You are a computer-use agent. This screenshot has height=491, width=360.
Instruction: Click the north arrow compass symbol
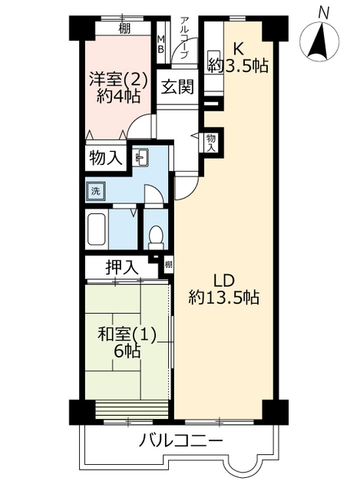tap(319, 41)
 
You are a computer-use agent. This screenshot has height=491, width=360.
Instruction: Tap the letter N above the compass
tap(323, 13)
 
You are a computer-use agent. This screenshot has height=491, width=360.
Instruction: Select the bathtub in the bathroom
tap(97, 229)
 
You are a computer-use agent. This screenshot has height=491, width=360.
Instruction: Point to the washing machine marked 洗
tap(95, 191)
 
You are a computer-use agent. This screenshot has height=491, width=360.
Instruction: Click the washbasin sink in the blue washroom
tap(141, 157)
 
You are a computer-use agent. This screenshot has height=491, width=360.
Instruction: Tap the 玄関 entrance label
tap(177, 87)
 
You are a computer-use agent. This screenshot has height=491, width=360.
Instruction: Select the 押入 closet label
tap(121, 268)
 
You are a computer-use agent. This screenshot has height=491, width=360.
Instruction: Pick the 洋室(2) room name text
tap(118, 80)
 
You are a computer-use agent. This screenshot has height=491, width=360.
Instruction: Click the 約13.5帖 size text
tap(223, 298)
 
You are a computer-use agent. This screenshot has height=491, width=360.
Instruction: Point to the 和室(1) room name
tap(127, 335)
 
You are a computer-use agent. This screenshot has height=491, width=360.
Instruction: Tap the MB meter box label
tap(160, 44)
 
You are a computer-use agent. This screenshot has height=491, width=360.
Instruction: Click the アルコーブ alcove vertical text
tap(184, 38)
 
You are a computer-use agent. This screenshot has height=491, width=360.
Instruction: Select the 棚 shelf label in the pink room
tap(124, 29)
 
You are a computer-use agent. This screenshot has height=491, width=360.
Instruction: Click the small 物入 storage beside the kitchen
tap(211, 143)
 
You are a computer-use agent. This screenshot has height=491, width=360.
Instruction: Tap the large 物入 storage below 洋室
tap(106, 157)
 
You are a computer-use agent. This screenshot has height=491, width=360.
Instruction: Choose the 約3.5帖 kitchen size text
tap(238, 66)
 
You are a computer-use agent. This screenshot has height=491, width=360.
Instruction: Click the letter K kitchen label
tap(239, 48)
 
